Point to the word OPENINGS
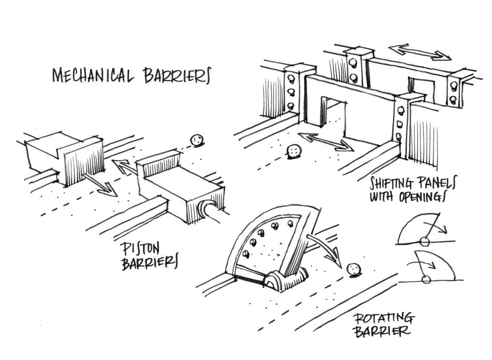click(424, 198)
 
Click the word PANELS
click(436, 183)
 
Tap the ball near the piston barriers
click(196, 140)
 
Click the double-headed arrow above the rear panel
click(420, 52)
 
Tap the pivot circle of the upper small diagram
click(424, 241)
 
